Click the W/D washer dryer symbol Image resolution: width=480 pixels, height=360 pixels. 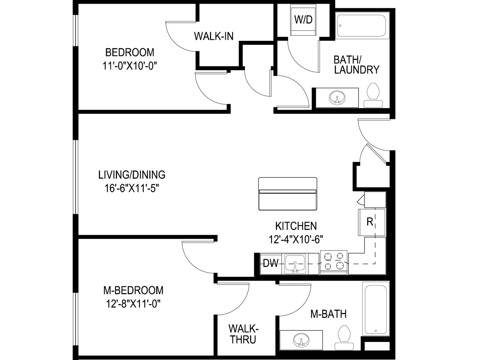(303, 19)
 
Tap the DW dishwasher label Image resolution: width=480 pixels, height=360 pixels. (271, 263)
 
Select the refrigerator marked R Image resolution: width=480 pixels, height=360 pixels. (372, 222)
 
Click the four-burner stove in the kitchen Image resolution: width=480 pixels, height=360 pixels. (334, 262)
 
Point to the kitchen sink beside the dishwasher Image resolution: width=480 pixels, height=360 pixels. (295, 264)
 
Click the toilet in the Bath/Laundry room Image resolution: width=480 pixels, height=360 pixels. (373, 95)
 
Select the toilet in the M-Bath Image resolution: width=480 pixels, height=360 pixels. (344, 337)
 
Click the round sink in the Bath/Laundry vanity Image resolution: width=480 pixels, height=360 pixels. (337, 97)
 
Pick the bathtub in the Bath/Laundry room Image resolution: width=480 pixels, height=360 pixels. (362, 25)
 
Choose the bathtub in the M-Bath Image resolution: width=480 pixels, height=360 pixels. (376, 308)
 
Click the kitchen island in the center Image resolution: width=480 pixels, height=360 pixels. (288, 194)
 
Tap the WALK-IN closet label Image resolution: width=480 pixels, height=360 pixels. (214, 36)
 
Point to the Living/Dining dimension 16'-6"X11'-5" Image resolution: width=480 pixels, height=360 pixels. (132, 188)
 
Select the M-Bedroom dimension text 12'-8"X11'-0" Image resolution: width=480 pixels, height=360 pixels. (133, 304)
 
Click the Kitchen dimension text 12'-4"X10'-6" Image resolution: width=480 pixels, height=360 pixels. (296, 239)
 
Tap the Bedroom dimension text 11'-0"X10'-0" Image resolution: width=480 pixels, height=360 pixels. (130, 66)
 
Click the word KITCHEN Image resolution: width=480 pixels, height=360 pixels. (296, 226)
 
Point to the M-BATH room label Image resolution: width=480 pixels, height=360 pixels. (328, 314)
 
